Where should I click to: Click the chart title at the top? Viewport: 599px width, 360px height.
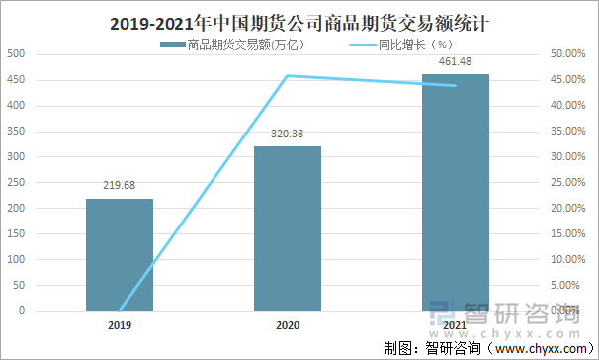pyautogui.click(x=299, y=20)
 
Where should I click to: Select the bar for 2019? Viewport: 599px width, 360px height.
pyautogui.click(x=120, y=254)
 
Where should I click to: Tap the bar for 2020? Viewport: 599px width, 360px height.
pyautogui.click(x=288, y=228)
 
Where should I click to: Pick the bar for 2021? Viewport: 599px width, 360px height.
pyautogui.click(x=455, y=192)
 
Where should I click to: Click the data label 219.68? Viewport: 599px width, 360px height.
pyautogui.click(x=120, y=185)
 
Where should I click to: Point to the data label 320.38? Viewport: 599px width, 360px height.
pyautogui.click(x=288, y=134)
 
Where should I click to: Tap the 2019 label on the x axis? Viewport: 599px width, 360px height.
pyautogui.click(x=120, y=324)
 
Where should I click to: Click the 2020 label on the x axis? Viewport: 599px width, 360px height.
pyautogui.click(x=288, y=324)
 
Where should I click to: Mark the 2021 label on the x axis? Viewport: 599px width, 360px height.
pyautogui.click(x=455, y=324)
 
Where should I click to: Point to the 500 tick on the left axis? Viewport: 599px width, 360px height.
pyautogui.click(x=16, y=53)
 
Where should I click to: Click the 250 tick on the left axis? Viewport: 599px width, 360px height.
pyautogui.click(x=16, y=182)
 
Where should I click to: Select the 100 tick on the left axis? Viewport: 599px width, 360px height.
pyautogui.click(x=16, y=259)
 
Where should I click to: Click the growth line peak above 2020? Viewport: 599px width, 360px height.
pyautogui.click(x=288, y=75)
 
